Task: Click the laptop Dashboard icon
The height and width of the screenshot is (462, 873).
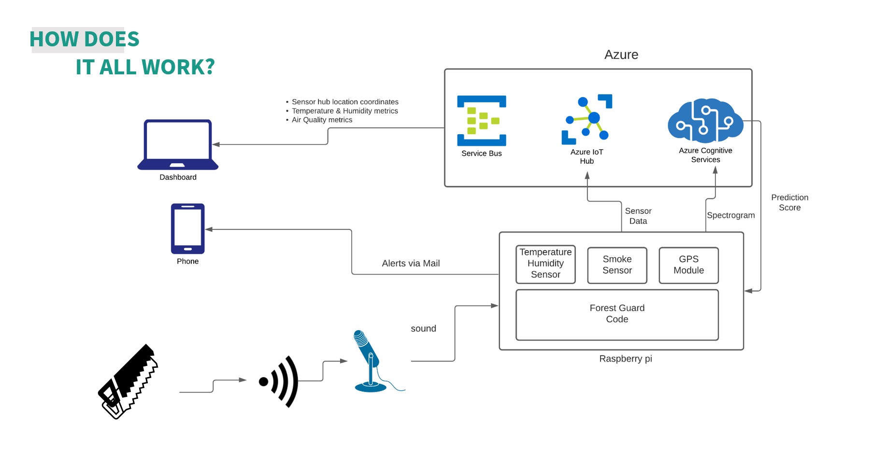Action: [x=178, y=144]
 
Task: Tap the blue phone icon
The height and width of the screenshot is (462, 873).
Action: [x=187, y=228]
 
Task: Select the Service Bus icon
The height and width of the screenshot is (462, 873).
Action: [x=481, y=121]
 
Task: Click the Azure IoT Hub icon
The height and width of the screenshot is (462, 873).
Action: [x=587, y=119]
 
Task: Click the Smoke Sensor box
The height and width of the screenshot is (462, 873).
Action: [x=617, y=265]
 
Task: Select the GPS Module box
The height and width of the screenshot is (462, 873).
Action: [x=688, y=265]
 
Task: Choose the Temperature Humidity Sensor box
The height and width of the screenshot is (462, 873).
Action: [x=545, y=264]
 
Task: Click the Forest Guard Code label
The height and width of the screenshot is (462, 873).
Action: [x=617, y=314]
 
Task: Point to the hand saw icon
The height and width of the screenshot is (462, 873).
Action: [x=128, y=381]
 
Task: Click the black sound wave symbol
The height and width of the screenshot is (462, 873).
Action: [x=280, y=381]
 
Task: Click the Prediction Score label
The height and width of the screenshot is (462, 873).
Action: [x=789, y=203]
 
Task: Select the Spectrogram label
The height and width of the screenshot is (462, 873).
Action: [x=730, y=215]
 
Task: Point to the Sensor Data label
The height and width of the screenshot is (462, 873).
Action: [x=638, y=216]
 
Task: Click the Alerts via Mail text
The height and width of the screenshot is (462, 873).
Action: [x=411, y=264]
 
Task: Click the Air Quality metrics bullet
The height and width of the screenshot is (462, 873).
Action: [x=322, y=120]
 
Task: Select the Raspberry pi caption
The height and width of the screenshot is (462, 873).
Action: [x=625, y=359]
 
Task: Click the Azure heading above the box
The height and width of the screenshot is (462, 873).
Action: [x=621, y=55]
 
